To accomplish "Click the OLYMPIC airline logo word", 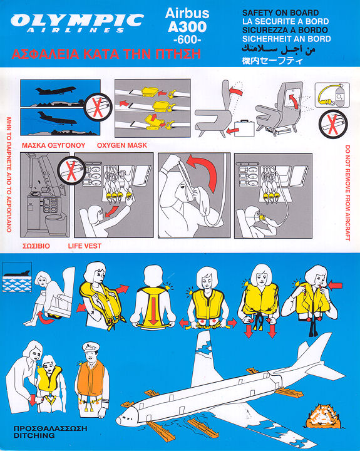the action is (77, 21).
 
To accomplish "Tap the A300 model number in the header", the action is (187, 27).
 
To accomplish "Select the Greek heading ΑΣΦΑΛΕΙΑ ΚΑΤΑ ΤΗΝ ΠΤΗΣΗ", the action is (106, 54).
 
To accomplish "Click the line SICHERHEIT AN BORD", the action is (286, 39).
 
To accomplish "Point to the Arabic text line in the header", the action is (279, 49).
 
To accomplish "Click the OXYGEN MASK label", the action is (122, 145).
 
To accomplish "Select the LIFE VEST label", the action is (85, 246).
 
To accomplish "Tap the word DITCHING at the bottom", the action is (34, 435).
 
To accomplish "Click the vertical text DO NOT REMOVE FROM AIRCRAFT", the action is (347, 193).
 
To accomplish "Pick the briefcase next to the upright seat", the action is (244, 128).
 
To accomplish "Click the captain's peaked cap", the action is (91, 346).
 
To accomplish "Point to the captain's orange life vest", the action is (91, 377).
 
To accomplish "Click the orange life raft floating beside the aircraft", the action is (323, 416).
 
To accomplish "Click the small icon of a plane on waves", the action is (17, 277).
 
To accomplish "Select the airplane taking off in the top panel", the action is (56, 91).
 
